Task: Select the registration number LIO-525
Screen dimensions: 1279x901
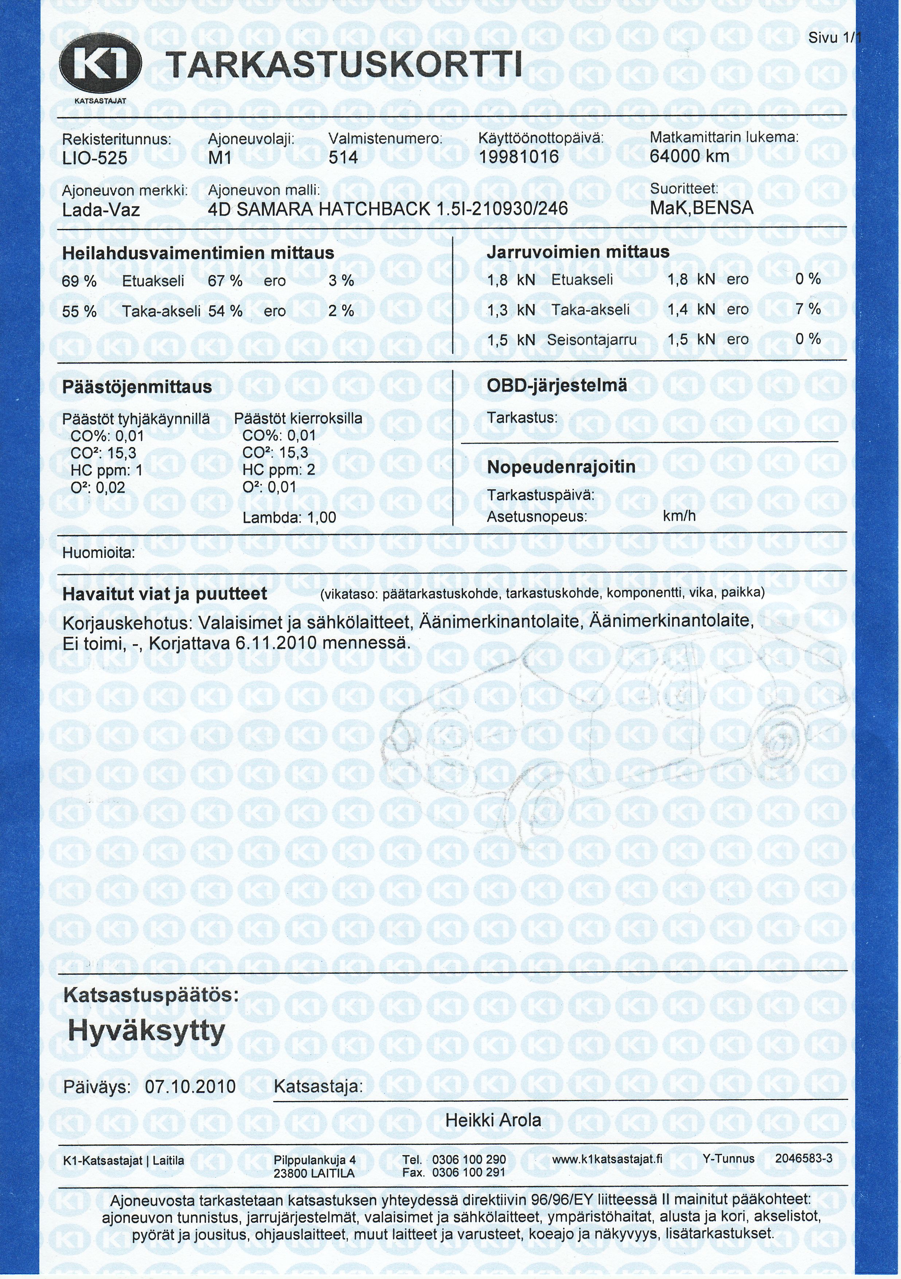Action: click(95, 159)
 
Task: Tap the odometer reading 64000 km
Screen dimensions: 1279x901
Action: click(689, 156)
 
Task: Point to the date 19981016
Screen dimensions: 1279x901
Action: click(518, 157)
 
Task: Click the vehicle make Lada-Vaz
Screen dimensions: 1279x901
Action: click(101, 210)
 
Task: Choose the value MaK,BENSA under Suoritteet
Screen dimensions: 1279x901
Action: click(701, 208)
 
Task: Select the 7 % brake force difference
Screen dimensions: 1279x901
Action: click(807, 309)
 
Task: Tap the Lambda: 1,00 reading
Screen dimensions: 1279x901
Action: click(289, 517)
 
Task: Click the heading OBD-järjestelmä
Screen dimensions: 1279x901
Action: click(557, 385)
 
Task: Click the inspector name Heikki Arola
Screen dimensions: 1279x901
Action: click(494, 1120)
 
